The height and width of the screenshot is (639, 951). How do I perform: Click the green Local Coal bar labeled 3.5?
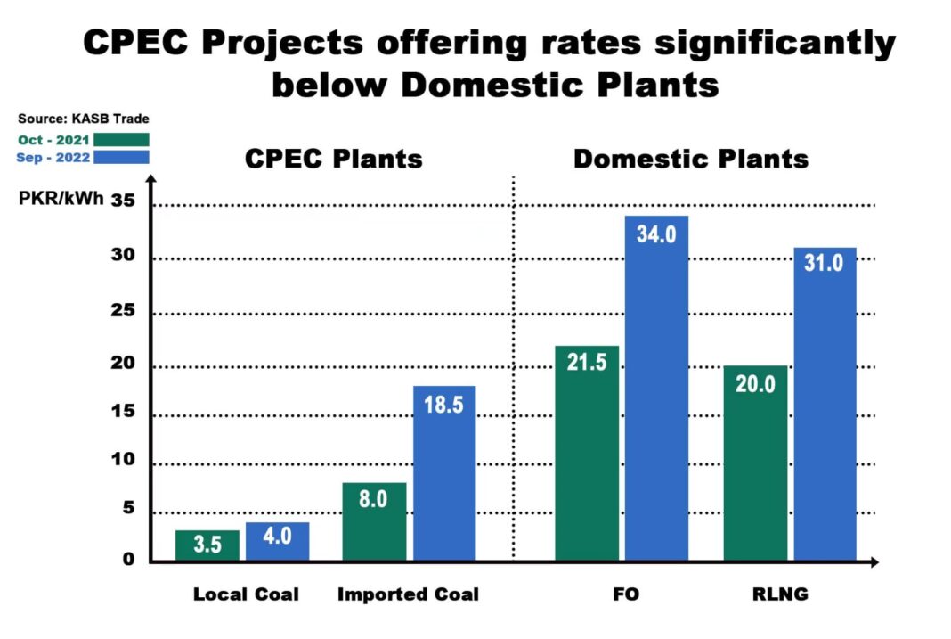(207, 545)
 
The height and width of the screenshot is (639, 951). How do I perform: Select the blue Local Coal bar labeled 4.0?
(277, 541)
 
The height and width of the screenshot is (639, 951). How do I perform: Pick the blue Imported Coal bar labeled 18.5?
(444, 473)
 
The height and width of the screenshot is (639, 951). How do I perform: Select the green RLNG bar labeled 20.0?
(755, 463)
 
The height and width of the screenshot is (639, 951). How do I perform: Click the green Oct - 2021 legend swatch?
(122, 139)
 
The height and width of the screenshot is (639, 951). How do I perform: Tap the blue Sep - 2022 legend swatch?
(122, 157)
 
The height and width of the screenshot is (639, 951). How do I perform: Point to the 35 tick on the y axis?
(122, 201)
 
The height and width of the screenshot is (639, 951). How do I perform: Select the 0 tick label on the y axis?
(128, 560)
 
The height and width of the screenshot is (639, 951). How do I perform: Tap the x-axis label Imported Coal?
(408, 594)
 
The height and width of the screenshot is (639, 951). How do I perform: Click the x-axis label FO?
(626, 594)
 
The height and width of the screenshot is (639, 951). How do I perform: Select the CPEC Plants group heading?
(334, 160)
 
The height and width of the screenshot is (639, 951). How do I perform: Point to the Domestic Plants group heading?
(690, 160)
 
